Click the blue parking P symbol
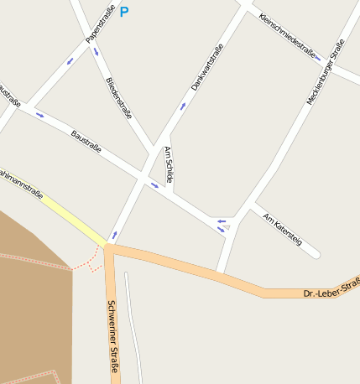[x=124, y=12]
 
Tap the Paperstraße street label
[x=100, y=23]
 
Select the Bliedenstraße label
[x=119, y=97]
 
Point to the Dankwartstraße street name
[x=207, y=67]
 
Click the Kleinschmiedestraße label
[x=287, y=35]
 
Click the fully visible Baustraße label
[x=86, y=140]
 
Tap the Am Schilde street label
[x=169, y=165]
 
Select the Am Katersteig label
[x=282, y=229]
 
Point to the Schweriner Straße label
[x=112, y=335]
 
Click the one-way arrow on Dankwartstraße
[x=183, y=106]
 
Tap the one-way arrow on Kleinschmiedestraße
[x=318, y=58]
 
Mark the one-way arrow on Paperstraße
[x=70, y=60]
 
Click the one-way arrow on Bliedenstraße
[x=96, y=53]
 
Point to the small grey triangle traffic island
[x=225, y=227]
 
